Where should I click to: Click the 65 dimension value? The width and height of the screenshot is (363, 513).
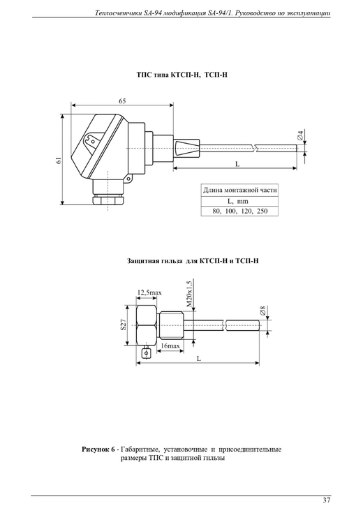point(122,101)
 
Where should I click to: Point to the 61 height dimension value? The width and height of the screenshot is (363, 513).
point(59,160)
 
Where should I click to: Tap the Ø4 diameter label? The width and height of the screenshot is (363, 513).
point(300,135)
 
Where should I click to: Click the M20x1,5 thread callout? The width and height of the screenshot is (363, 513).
point(189,293)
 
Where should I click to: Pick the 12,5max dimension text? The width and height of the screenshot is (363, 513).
point(149,292)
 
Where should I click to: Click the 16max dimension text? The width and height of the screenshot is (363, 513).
point(170,345)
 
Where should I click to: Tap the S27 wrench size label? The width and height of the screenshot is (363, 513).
point(123,325)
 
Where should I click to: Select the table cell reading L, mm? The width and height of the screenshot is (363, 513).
point(239,201)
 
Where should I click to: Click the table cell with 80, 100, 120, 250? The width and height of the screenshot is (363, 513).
point(239,211)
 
